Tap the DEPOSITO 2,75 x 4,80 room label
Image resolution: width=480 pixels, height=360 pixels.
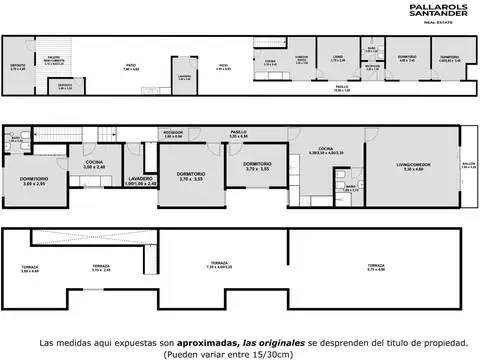tap(18, 69)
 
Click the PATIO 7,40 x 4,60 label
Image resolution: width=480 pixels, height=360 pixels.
tap(131, 70)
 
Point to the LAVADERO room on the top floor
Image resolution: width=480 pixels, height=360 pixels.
tap(184, 76)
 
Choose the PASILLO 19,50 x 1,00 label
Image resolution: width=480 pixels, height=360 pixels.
tap(342, 90)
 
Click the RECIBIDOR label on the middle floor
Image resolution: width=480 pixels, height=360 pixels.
tap(173, 134)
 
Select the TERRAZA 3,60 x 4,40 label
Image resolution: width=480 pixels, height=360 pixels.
tap(29, 270)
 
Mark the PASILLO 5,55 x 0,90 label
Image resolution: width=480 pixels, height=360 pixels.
tap(238, 134)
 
